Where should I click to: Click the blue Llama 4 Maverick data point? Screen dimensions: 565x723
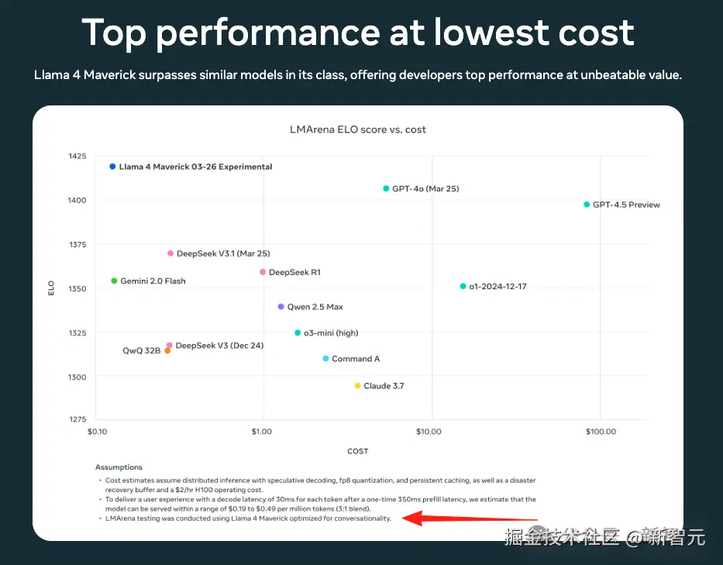pos(112,167)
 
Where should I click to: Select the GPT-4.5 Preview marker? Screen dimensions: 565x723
pos(587,205)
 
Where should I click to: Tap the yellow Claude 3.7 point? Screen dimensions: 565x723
pos(357,386)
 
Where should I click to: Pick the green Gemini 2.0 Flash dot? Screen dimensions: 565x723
pos(114,281)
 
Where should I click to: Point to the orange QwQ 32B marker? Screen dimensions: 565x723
pos(167,351)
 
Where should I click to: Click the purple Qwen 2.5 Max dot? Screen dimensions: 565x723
pos(281,307)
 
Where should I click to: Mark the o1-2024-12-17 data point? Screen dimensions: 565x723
pos(463,286)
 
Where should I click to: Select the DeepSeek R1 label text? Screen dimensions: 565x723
pos(294,273)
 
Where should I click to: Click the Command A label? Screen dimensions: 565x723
pos(356,360)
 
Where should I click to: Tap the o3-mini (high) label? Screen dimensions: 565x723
pos(331,333)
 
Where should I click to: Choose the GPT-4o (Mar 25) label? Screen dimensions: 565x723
pos(420,189)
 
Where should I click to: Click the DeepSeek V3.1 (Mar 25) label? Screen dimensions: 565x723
pos(223,253)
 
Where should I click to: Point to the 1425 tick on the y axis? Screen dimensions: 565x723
pos(77,157)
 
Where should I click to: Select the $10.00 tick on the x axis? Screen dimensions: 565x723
pos(429,432)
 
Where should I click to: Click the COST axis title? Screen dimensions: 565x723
pos(358,451)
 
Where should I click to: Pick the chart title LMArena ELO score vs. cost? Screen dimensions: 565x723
pos(357,129)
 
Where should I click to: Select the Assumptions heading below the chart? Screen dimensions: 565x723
pos(119,467)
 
